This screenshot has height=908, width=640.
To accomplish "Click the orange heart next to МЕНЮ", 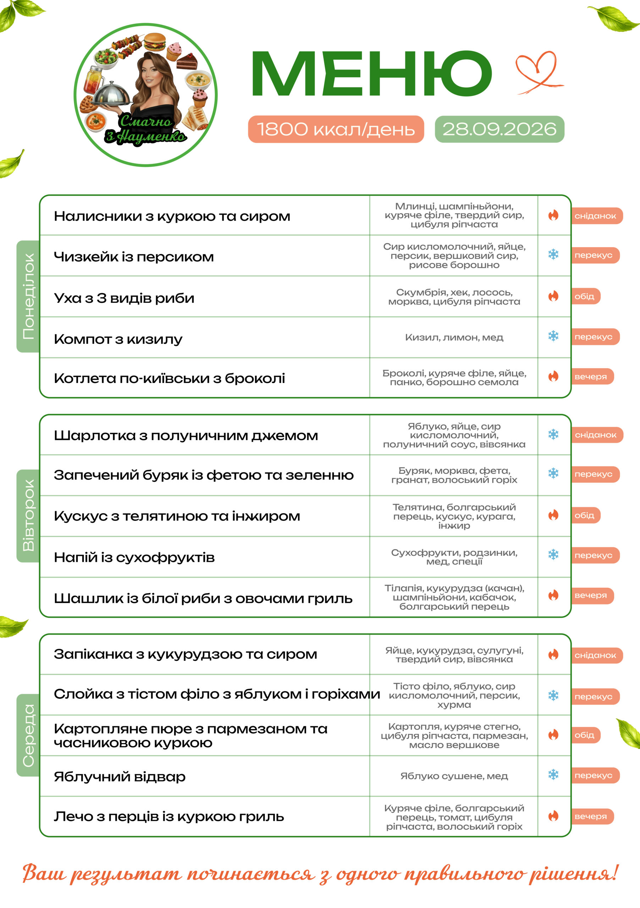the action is click(x=539, y=73).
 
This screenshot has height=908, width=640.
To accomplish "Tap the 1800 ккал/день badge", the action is click(x=336, y=129).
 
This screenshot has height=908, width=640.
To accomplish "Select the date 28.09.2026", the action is click(x=499, y=129).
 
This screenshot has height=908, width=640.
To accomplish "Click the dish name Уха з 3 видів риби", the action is click(x=124, y=298).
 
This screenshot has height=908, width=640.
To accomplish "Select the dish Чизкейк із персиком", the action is click(x=134, y=257).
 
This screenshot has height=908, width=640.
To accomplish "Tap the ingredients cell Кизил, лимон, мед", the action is click(x=454, y=337).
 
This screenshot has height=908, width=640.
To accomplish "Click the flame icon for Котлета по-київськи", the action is click(x=553, y=376).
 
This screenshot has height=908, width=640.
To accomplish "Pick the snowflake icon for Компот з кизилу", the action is click(x=553, y=336).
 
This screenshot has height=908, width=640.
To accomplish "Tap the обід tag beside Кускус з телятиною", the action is click(x=586, y=515).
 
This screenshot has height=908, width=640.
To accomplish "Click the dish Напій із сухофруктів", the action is click(x=134, y=558).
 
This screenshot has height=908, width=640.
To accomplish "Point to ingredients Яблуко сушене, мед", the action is click(x=454, y=776).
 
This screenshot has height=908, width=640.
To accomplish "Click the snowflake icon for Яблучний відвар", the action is click(x=553, y=775).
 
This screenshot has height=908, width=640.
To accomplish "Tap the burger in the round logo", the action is click(x=155, y=41).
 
